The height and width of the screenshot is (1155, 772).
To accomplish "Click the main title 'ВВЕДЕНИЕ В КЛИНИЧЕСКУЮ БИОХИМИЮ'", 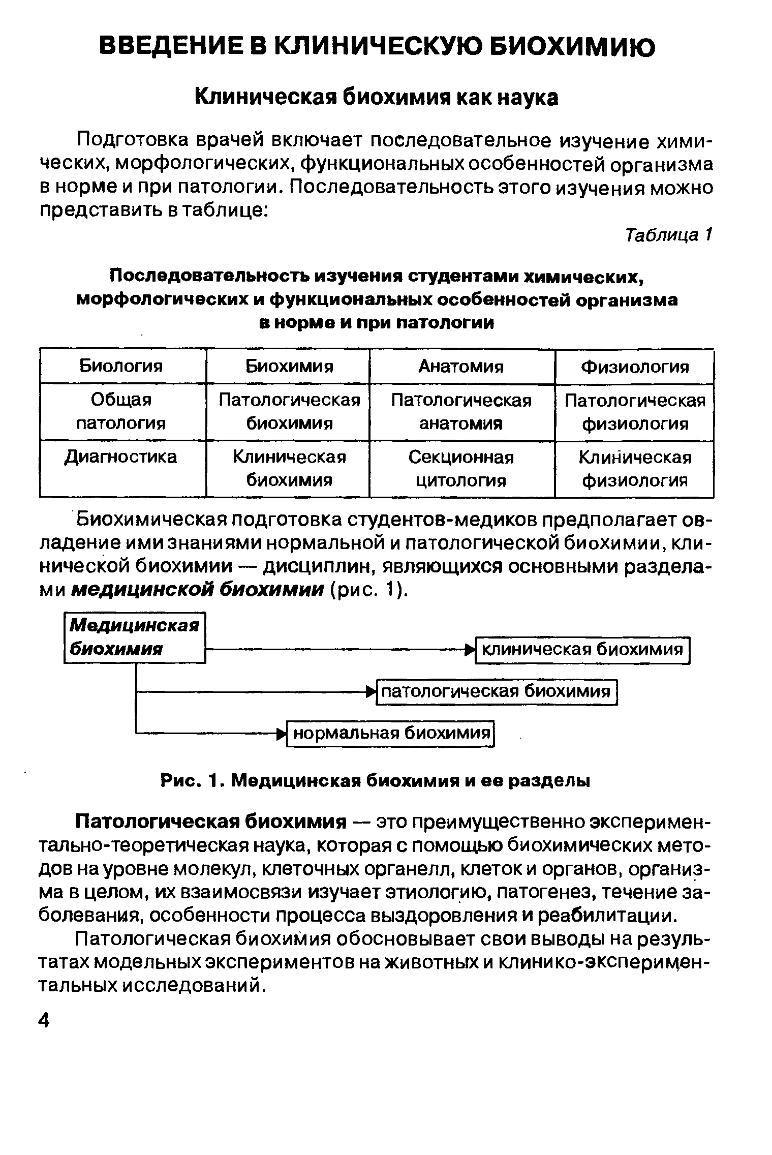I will pyautogui.click(x=377, y=48).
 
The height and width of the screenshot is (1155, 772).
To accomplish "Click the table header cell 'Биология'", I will pyautogui.click(x=121, y=366).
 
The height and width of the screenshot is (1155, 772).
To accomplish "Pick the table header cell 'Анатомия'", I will pyautogui.click(x=461, y=366).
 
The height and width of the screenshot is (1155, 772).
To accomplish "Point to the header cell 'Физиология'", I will pyautogui.click(x=635, y=367).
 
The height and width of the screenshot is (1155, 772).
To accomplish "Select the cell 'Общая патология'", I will pyautogui.click(x=121, y=412).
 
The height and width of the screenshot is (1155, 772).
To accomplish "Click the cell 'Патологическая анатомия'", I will pyautogui.click(x=461, y=412).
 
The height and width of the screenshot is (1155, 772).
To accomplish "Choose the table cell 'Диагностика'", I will pyautogui.click(x=121, y=457).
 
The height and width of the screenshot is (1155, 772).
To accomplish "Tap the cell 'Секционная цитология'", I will pyautogui.click(x=461, y=469).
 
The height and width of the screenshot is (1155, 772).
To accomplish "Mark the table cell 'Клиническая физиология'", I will pyautogui.click(x=635, y=469).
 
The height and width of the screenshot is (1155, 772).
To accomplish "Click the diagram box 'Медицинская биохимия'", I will pyautogui.click(x=135, y=638).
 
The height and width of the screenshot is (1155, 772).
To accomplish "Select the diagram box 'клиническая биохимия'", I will pyautogui.click(x=582, y=650).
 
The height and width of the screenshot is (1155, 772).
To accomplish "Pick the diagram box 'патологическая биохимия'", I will pyautogui.click(x=496, y=691).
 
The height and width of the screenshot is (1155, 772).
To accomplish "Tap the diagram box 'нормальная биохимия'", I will pyautogui.click(x=391, y=733).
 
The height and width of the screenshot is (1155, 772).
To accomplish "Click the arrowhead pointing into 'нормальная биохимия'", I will pyautogui.click(x=282, y=734).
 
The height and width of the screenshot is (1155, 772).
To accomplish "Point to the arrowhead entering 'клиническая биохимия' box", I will pyautogui.click(x=470, y=650).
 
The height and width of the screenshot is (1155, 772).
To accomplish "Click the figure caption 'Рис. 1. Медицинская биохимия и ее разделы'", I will pyautogui.click(x=376, y=781).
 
